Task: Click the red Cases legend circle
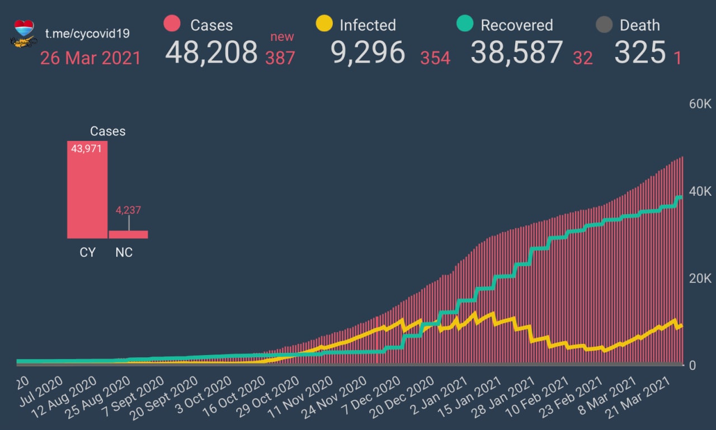click(172, 24)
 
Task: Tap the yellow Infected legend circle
click(324, 24)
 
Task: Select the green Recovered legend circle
click(465, 24)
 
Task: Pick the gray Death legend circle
click(604, 25)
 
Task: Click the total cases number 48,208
click(211, 53)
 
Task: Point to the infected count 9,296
click(368, 53)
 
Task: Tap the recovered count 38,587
click(517, 53)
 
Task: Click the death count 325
click(640, 53)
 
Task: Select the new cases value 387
click(280, 57)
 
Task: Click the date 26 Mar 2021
click(91, 58)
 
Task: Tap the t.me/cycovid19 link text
click(87, 33)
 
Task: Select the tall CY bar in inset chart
click(87, 190)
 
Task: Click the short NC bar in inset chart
click(128, 234)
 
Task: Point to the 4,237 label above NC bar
click(128, 211)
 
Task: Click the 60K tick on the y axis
click(699, 104)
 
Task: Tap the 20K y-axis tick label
click(699, 278)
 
